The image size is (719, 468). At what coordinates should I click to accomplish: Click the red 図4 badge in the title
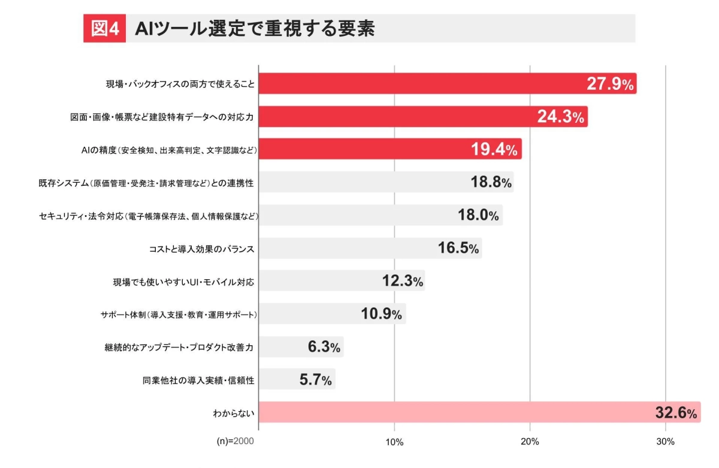[104, 29]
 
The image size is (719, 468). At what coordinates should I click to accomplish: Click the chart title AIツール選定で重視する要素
[255, 29]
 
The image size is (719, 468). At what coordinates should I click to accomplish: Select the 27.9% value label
[610, 84]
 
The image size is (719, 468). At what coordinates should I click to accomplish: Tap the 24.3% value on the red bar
[561, 117]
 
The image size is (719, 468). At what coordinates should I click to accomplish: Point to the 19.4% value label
[494, 150]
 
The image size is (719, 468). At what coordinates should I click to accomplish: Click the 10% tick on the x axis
[394, 442]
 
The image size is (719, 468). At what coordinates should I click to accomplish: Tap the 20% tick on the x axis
[530, 442]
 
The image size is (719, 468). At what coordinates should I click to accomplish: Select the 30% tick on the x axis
[666, 442]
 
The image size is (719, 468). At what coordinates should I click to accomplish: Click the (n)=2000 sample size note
[235, 442]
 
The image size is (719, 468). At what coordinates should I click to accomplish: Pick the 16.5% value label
[458, 248]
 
